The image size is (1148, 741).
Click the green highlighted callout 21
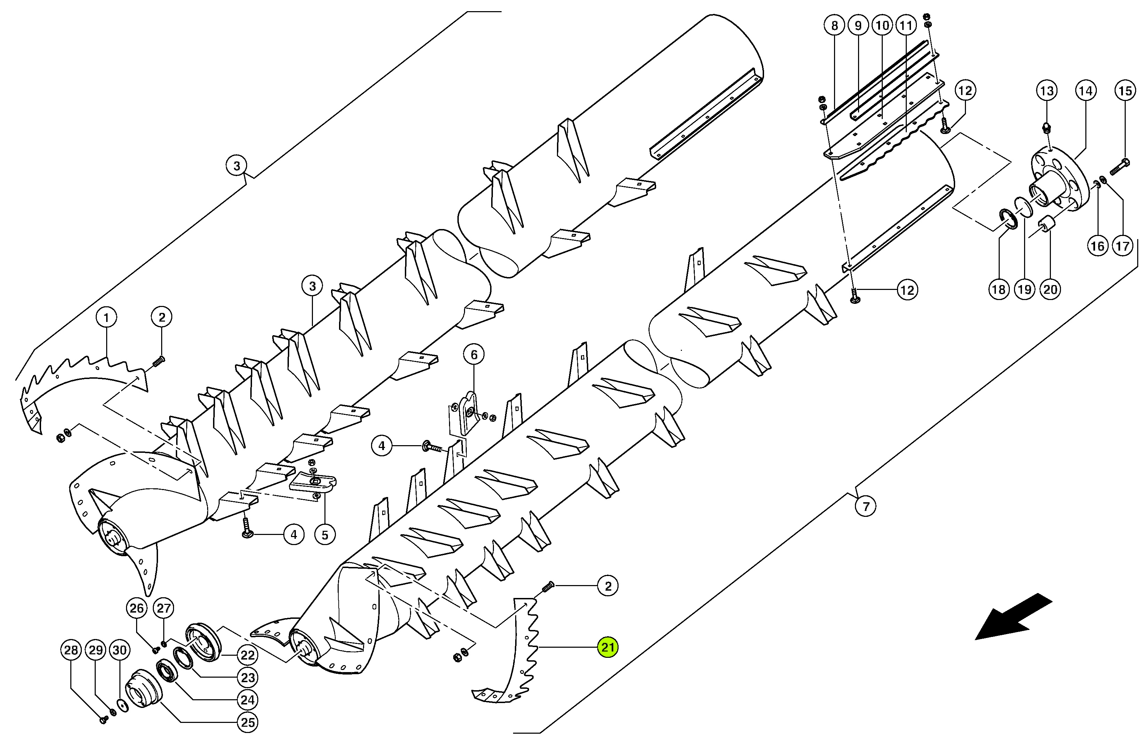coord(608,647)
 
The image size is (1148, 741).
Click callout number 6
coord(474,355)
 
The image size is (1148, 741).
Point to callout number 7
coord(866,506)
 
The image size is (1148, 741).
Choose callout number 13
coord(1047,90)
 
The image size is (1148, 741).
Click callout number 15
coord(1125,90)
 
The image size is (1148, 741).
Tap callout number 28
coord(71,651)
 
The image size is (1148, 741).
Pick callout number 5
coord(325,535)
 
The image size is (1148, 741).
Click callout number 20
coord(1050,289)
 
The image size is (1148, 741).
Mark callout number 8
coord(834,25)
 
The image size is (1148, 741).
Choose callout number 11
coord(906,25)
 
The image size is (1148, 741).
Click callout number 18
coord(999,289)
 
